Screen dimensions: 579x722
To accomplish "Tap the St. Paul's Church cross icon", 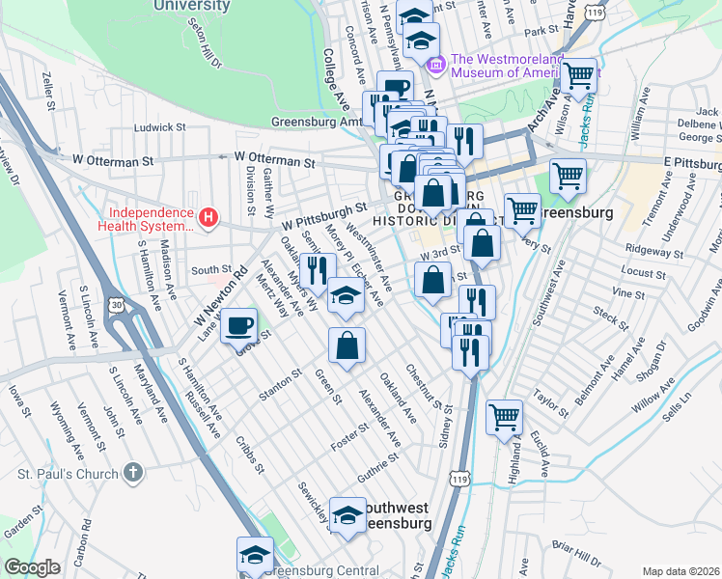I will pos(134,473).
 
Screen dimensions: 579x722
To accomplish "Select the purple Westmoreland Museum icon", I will pos(435,65).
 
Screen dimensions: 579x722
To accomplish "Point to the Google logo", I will pos(33,567).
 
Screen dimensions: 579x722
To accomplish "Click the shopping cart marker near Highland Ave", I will pos(504,417).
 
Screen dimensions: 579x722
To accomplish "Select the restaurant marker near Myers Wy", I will pos(317,270).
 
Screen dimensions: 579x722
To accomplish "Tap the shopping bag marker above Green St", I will pos(347,345).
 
